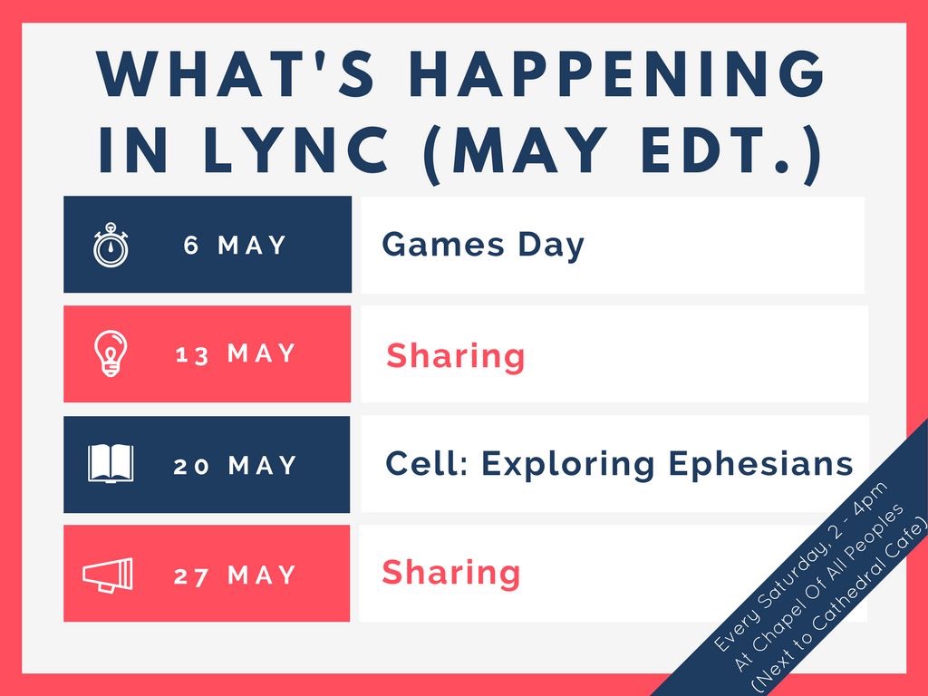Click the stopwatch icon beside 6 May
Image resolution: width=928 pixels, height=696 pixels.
click(111, 245)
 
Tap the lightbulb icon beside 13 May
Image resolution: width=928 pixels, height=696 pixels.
click(111, 353)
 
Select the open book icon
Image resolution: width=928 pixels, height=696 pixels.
click(111, 464)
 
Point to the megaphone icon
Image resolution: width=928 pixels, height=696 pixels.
click(108, 574)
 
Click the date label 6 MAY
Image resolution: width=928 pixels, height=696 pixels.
click(235, 245)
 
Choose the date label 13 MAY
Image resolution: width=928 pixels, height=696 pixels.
click(236, 354)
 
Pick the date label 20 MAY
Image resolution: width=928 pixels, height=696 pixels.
click(235, 466)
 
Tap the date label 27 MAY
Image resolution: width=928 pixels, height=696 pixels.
click(235, 575)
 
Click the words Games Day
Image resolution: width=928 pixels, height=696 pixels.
click(483, 246)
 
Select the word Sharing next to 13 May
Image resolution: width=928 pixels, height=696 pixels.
click(455, 356)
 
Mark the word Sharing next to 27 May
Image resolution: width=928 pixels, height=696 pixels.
click(451, 573)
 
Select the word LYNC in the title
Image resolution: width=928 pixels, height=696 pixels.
click(295, 150)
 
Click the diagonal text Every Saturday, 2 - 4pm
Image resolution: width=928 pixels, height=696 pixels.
click(801, 567)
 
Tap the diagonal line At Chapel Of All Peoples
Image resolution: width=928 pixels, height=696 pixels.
click(819, 587)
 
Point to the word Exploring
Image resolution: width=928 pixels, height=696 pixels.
click(567, 465)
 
